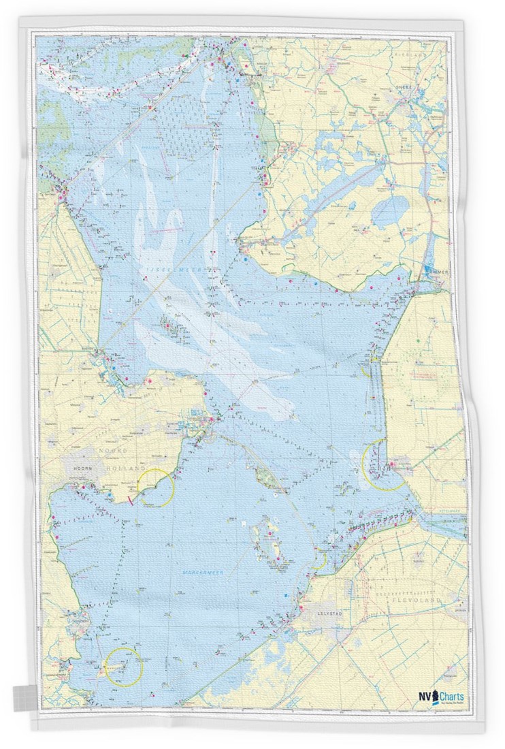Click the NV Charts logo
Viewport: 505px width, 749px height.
442,697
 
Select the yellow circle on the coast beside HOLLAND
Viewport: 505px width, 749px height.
156,488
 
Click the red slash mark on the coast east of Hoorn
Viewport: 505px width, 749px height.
129,502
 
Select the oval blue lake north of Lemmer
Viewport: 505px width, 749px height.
389,212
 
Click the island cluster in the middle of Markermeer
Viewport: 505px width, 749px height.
266,542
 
